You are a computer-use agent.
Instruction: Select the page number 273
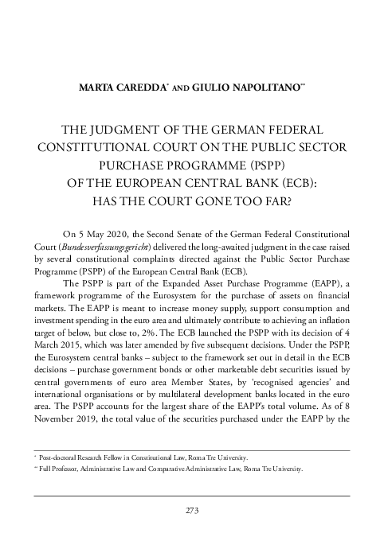click(x=192, y=510)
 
